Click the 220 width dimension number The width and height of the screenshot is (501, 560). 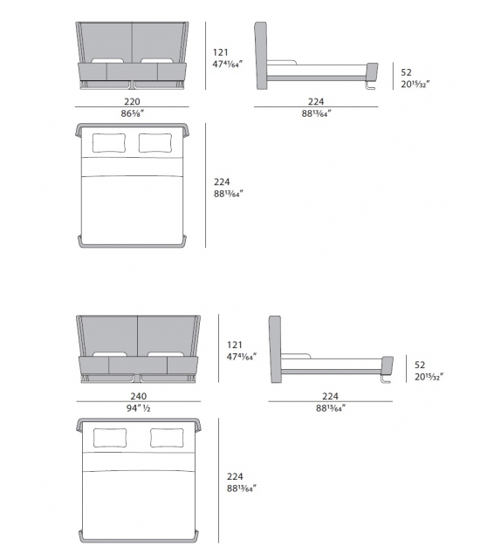132,101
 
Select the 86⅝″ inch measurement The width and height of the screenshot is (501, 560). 132,114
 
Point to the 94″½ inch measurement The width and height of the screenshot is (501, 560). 140,406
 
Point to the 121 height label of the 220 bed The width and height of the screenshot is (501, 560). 222,51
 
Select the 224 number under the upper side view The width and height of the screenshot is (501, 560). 316,101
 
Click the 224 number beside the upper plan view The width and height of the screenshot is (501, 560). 223,181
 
